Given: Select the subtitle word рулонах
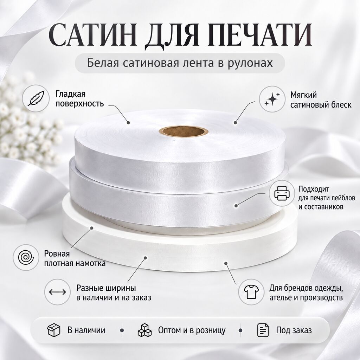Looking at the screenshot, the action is [250, 63].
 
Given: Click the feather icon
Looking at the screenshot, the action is [36, 98].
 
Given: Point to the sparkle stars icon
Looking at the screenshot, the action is [272, 99].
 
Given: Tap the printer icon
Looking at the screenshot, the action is [282, 193].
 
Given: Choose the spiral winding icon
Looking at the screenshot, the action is [26, 257].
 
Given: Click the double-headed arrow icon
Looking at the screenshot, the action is [57, 292].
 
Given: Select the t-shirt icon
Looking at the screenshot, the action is [251, 292].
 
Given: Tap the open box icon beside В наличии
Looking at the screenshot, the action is [54, 330].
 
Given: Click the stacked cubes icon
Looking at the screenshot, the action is [144, 330].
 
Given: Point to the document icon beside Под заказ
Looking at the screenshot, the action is [263, 330].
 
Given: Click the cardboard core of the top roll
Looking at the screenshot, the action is [184, 131].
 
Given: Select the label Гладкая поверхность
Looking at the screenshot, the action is [79, 99].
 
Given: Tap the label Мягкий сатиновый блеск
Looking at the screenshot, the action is [321, 100].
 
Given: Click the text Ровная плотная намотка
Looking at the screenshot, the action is [75, 258].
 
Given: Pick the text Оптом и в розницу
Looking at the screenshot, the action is [192, 330].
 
